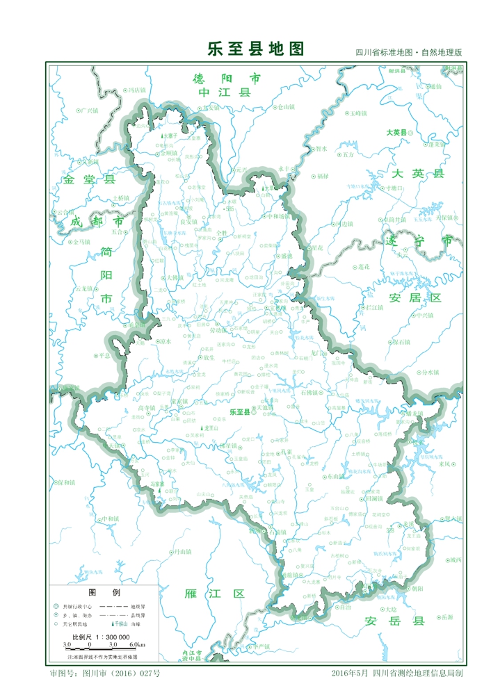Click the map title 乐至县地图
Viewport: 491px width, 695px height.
coord(256,49)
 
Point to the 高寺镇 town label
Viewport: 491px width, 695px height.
coord(147,408)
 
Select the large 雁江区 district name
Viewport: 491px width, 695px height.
coord(215,594)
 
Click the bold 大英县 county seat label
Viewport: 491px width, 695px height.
coord(396,131)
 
